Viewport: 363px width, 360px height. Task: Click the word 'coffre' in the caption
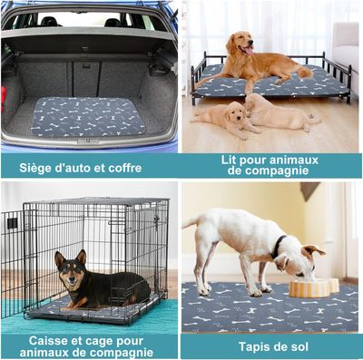(125, 168)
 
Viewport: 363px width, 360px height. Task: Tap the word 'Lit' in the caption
(228, 160)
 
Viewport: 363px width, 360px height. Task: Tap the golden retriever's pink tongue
(249, 51)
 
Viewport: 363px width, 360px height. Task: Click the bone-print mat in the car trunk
(88, 117)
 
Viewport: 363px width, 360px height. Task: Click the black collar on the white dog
(278, 247)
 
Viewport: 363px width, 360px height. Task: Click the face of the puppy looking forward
(237, 117)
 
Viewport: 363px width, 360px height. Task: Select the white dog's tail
(191, 223)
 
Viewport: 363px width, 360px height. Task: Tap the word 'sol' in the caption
(299, 346)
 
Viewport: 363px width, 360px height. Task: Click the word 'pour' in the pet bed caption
(251, 161)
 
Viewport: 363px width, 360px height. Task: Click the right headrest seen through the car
(113, 22)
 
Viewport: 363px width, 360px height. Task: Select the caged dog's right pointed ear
(82, 257)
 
